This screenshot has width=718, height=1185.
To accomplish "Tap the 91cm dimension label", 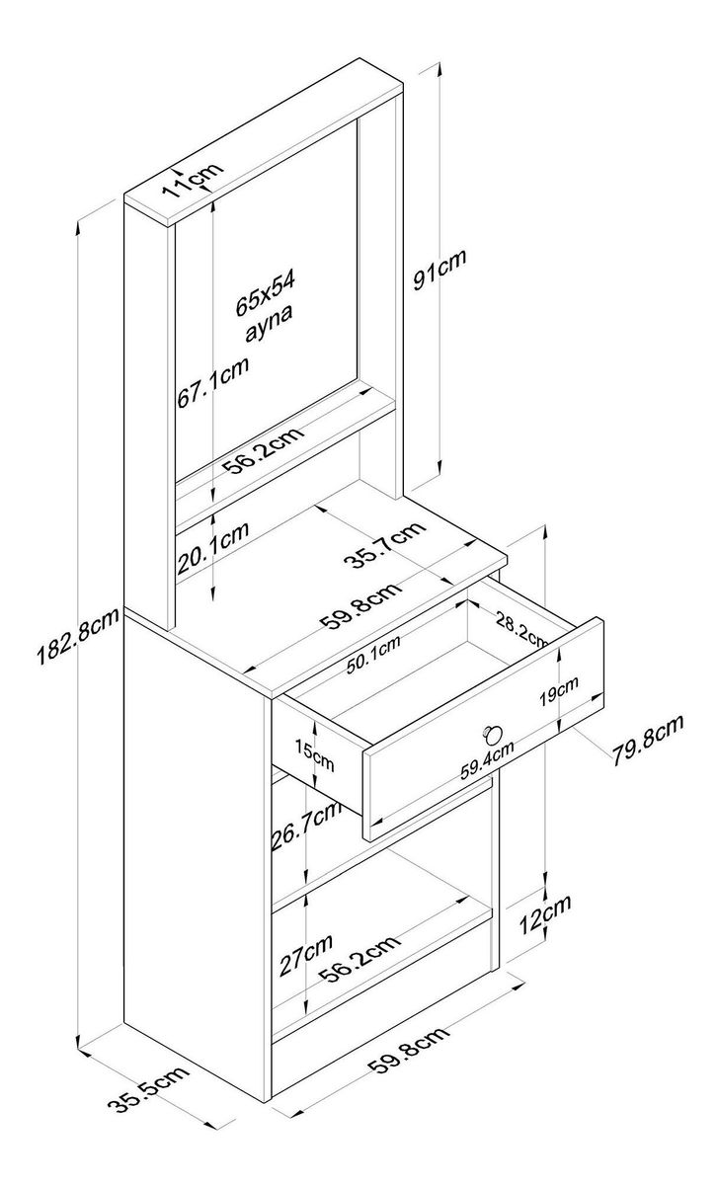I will (439, 270).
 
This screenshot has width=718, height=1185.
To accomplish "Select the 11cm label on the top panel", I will (192, 181).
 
